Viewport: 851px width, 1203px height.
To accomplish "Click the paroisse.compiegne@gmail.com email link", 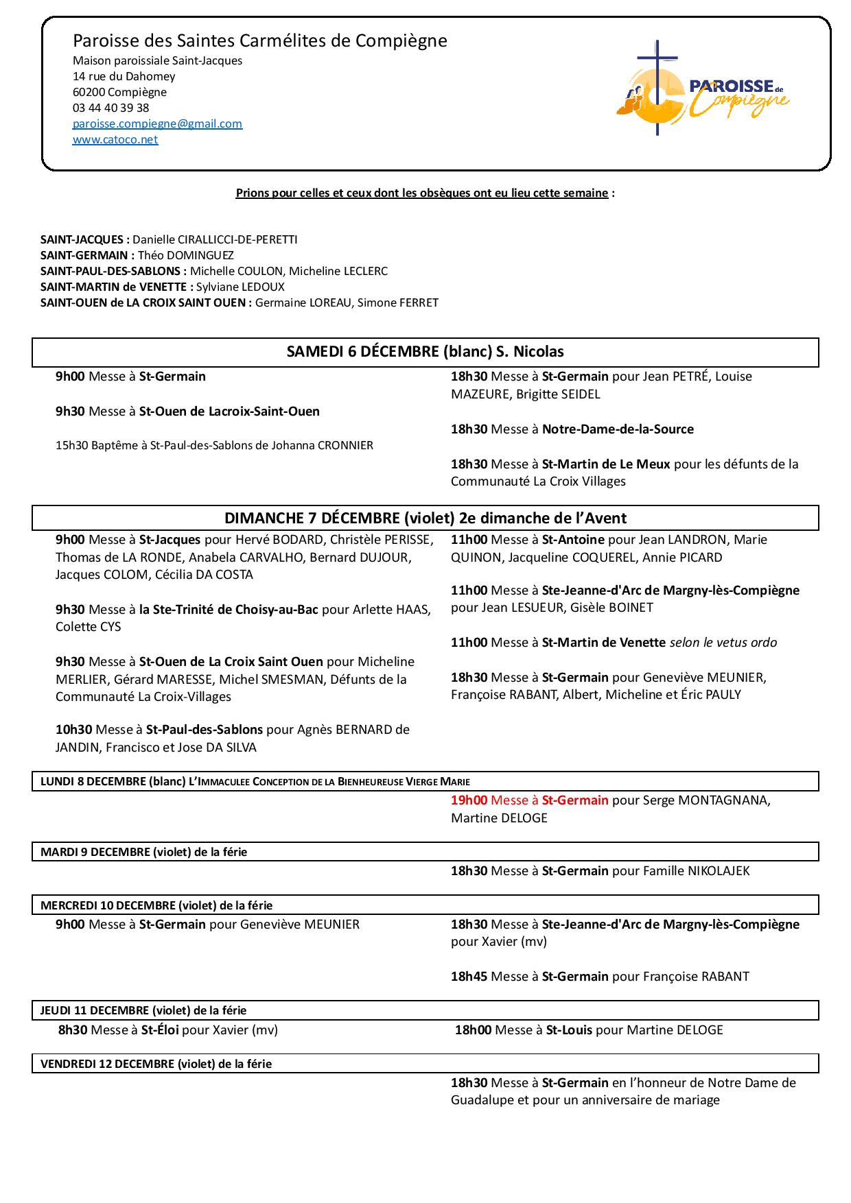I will click(x=157, y=124).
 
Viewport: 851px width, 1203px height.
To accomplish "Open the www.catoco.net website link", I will click(x=115, y=140).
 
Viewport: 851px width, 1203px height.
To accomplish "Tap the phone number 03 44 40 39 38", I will click(x=110, y=108).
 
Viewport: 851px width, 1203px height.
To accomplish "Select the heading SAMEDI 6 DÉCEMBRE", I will click(x=425, y=352).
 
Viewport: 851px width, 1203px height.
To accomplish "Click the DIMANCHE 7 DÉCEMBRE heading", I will click(x=425, y=518).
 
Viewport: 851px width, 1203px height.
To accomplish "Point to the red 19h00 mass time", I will click(x=469, y=800).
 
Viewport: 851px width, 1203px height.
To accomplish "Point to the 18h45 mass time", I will click(x=469, y=977).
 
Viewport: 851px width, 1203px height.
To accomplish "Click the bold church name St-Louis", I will click(x=569, y=1030).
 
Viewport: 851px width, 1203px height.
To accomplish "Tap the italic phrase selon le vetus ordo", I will click(x=723, y=643).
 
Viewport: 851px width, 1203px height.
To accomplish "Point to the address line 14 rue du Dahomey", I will click(x=124, y=77).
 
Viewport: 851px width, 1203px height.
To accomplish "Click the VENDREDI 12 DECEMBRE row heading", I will click(x=156, y=1064).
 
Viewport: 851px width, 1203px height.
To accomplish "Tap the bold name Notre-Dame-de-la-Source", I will click(x=618, y=429).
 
